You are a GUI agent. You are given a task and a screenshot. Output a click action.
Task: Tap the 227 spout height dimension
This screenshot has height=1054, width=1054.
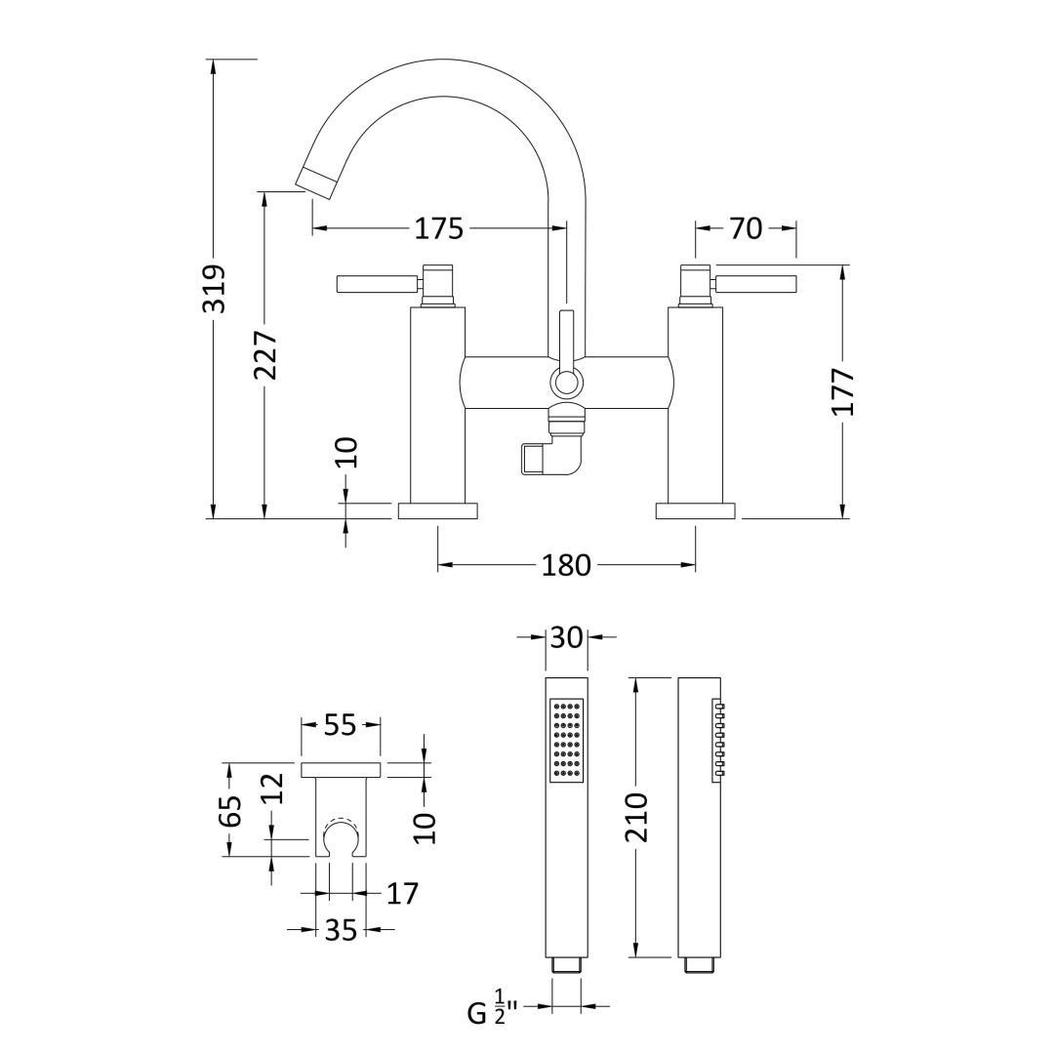click(265, 355)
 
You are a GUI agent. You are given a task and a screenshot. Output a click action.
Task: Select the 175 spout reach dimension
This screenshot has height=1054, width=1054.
click(438, 228)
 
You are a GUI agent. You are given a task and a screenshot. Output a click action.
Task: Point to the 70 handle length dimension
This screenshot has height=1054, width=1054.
click(746, 228)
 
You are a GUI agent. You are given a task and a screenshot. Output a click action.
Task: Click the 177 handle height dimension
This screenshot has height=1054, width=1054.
click(843, 391)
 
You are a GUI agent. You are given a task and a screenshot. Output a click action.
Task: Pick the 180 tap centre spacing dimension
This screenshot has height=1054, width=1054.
click(566, 565)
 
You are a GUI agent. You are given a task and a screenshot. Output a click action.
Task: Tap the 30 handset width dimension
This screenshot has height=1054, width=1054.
click(566, 637)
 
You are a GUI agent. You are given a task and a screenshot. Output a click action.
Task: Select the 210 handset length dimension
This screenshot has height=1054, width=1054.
click(635, 818)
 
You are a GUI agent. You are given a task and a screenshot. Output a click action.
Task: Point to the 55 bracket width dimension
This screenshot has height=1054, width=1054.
click(340, 725)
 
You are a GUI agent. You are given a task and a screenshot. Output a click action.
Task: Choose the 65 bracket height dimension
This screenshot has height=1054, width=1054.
click(229, 810)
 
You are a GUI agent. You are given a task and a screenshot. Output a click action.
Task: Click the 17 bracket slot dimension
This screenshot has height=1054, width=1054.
click(402, 893)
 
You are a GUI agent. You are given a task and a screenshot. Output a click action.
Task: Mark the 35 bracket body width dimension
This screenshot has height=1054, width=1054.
click(341, 930)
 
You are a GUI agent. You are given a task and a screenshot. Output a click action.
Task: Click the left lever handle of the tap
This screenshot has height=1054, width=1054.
click(377, 284)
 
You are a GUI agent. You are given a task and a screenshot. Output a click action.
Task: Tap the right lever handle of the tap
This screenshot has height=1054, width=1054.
click(755, 284)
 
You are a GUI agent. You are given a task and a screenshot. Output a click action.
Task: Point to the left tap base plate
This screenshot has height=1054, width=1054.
click(437, 510)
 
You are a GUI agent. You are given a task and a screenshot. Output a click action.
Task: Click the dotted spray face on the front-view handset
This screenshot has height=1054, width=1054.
click(566, 739)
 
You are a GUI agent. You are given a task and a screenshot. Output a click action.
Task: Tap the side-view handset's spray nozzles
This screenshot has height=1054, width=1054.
click(719, 739)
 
